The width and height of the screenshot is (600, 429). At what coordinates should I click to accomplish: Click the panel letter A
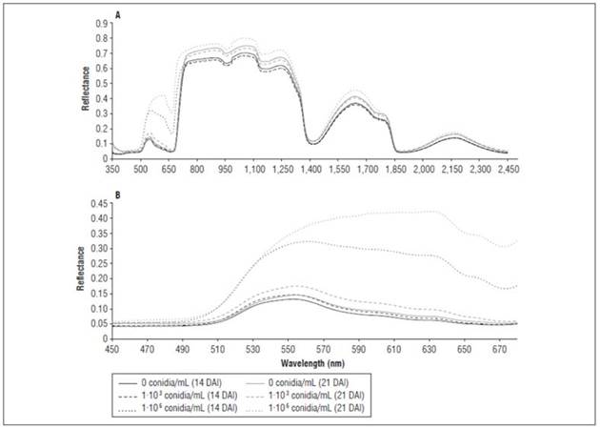click(x=117, y=15)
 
